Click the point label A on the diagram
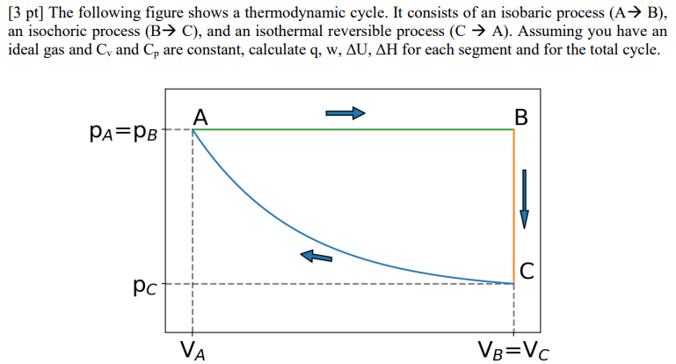coord(200,117)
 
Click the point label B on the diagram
coord(522,117)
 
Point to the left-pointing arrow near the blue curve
coord(316,255)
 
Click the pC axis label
coord(139,286)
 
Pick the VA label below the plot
coord(193,350)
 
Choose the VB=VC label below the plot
coord(512,350)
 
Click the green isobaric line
coord(352,130)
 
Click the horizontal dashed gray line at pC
coord(352,284)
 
